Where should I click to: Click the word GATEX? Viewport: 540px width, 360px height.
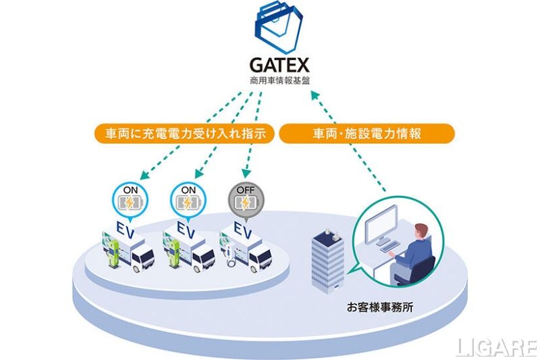click(279, 65)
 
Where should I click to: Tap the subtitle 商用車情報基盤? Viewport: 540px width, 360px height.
click(279, 81)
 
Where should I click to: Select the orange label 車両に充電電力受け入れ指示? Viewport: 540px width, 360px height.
click(185, 133)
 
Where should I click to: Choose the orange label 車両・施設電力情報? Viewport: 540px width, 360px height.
click(367, 133)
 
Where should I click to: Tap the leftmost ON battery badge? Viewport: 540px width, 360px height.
click(130, 201)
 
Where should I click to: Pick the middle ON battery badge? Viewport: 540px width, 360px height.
click(188, 201)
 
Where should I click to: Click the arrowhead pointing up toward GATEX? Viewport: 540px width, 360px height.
click(316, 95)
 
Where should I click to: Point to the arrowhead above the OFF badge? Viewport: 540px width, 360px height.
click(246, 173)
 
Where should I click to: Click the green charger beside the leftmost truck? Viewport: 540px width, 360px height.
click(113, 253)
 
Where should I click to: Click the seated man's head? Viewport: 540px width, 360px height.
click(421, 232)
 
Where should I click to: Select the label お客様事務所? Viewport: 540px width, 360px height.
click(380, 307)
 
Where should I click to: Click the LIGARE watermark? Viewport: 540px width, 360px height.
click(497, 347)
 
